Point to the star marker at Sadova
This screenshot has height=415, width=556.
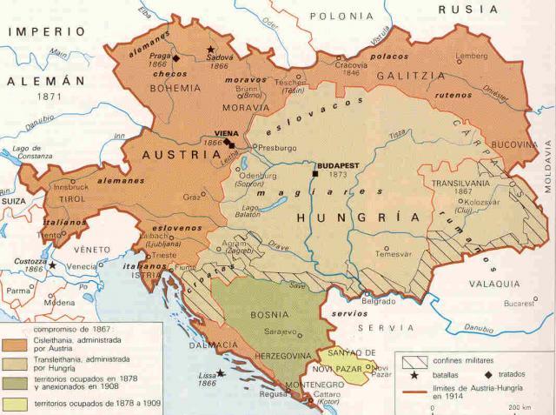click(210, 51)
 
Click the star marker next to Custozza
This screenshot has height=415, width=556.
click(52, 264)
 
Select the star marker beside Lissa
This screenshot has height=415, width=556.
click(222, 373)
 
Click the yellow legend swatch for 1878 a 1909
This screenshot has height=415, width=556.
click(13, 403)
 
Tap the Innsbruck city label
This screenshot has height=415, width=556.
click(69, 187)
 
